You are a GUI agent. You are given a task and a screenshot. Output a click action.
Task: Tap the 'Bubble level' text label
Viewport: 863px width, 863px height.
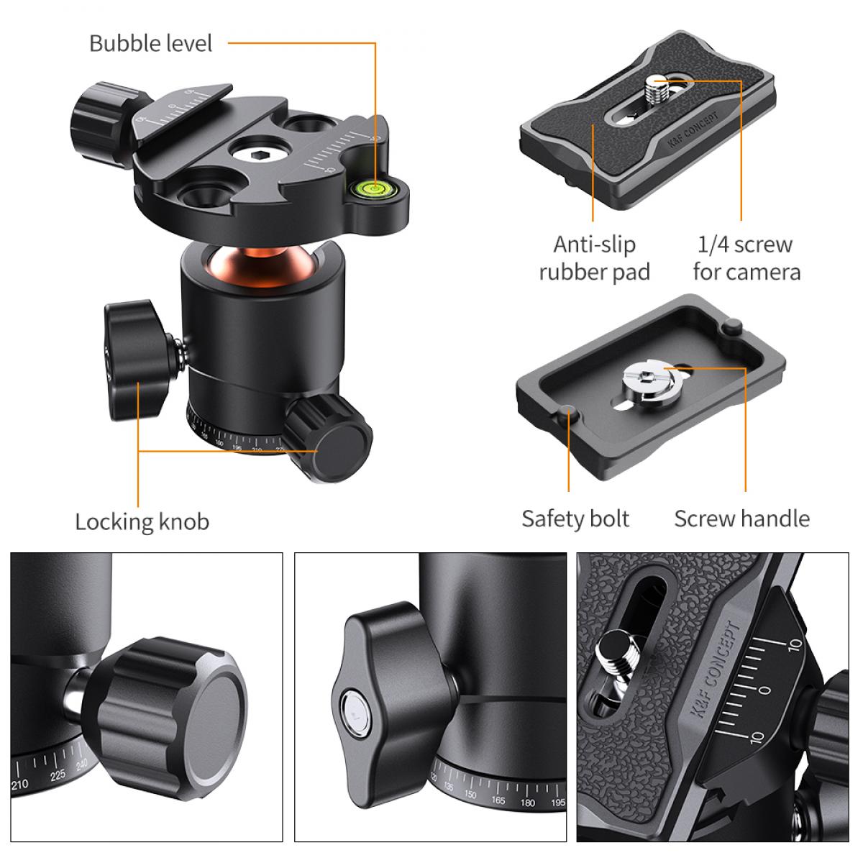click(150, 43)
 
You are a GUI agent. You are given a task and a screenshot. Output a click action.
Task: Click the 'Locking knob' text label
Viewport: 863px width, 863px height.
click(142, 521)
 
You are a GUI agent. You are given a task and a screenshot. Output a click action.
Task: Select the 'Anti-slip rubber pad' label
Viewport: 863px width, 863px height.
click(594, 258)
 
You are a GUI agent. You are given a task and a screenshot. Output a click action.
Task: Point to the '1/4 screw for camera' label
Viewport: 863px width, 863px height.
click(746, 258)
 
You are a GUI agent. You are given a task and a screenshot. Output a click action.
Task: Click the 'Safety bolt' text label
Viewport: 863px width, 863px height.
click(575, 519)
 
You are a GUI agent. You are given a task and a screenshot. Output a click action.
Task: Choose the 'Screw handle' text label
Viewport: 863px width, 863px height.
click(741, 519)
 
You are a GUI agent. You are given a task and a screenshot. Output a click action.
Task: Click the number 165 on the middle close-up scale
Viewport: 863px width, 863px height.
click(498, 800)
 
